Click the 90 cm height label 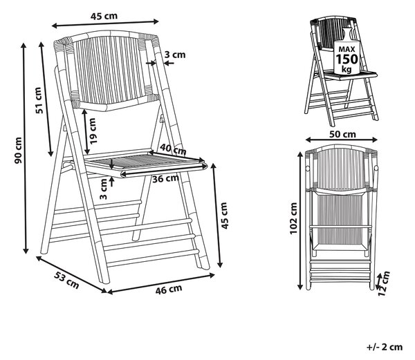(x=18, y=151)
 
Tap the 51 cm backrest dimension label (x=38, y=100)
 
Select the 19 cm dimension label (x=93, y=131)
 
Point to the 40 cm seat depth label (x=174, y=149)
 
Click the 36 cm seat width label (x=165, y=178)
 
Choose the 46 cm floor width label (x=169, y=290)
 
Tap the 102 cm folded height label (x=293, y=218)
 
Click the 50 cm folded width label (x=343, y=134)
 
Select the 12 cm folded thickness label (x=384, y=283)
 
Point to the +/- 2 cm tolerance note (x=385, y=347)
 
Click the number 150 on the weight (x=347, y=59)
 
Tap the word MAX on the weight (x=347, y=49)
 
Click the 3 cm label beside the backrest (x=175, y=55)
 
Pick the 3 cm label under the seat (x=104, y=189)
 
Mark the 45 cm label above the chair (x=104, y=16)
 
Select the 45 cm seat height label (x=224, y=216)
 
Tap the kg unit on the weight (x=347, y=69)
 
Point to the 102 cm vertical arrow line (x=300, y=220)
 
